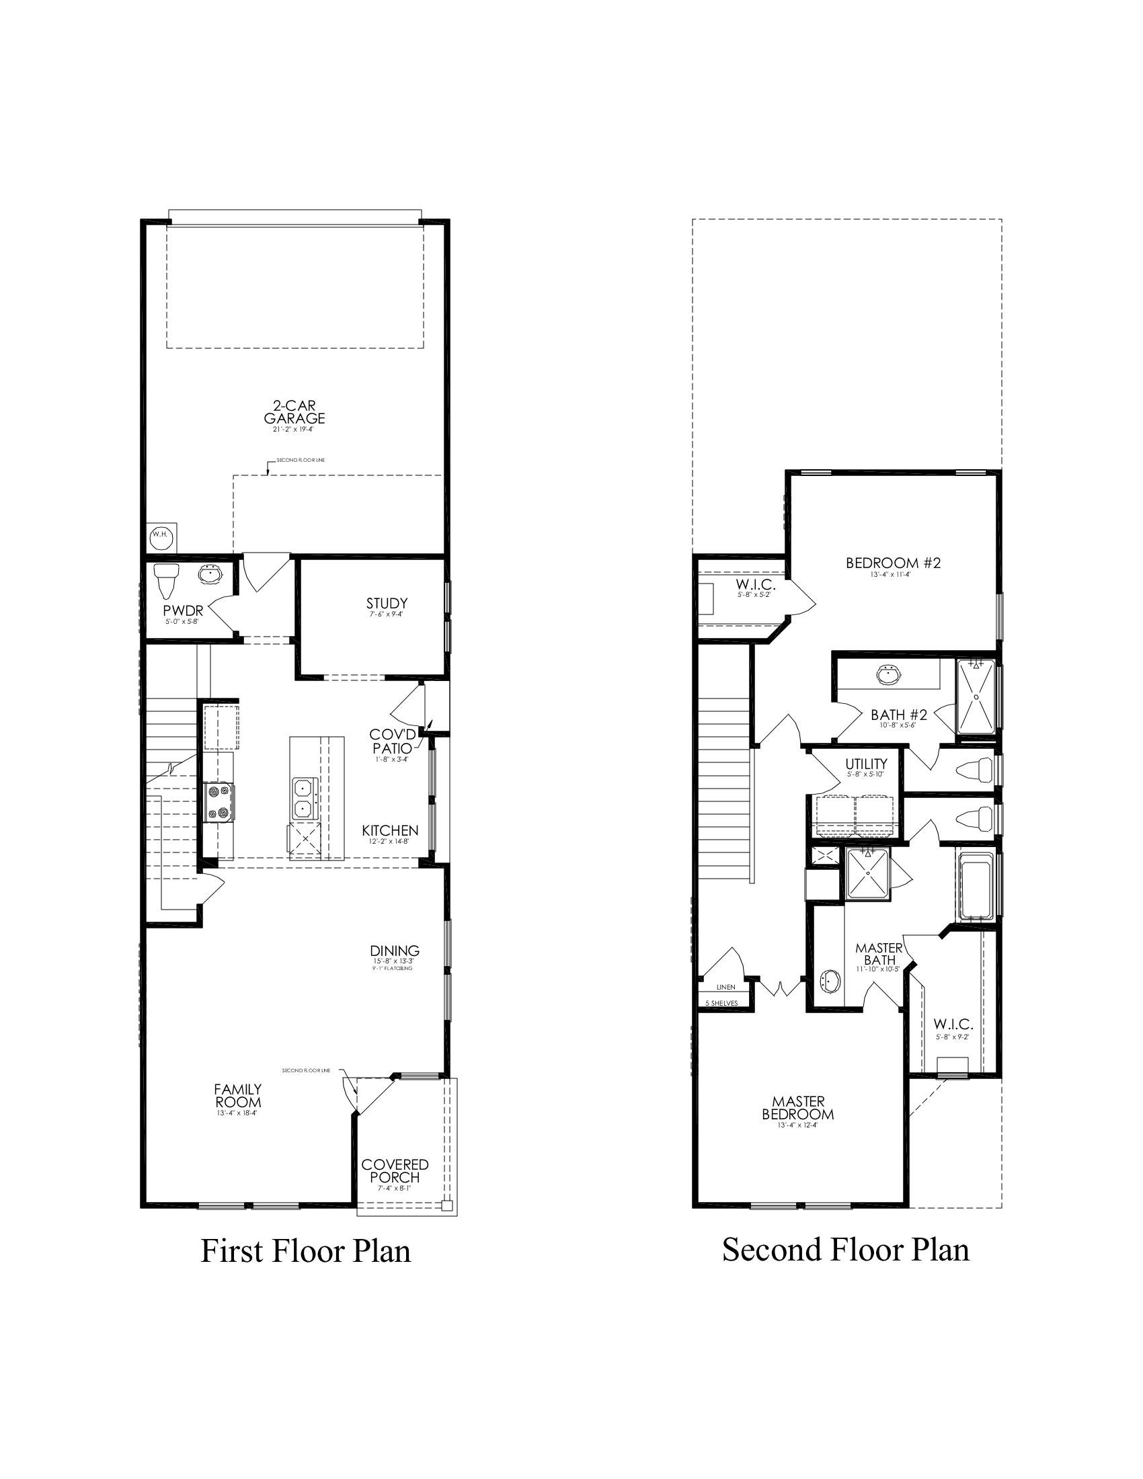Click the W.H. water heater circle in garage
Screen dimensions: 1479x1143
(161, 535)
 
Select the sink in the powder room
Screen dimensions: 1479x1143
(210, 575)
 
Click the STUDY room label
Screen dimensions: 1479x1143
(387, 604)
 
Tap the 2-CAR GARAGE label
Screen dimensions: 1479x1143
(294, 412)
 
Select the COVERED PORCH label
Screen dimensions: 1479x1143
(395, 1171)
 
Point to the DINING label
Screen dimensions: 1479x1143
(395, 951)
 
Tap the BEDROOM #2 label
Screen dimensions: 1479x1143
(893, 563)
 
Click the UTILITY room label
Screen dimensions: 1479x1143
(866, 764)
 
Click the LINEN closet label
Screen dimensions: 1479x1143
(726, 988)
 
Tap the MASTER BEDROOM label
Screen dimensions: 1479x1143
(797, 1108)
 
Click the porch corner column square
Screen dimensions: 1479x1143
(446, 1205)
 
